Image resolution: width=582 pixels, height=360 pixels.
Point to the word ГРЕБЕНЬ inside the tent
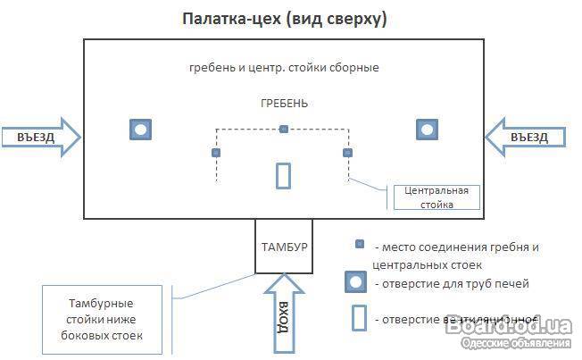pyautogui.click(x=283, y=104)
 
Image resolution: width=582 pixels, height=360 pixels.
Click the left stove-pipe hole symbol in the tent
pyautogui.click(x=140, y=130)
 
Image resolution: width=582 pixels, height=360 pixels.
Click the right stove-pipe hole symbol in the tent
pyautogui.click(x=428, y=130)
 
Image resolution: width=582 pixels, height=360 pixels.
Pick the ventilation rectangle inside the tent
pyautogui.click(x=283, y=175)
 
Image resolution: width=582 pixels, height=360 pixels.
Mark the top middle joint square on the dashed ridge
pyautogui.click(x=283, y=130)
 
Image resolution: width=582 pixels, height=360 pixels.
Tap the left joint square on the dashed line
pyautogui.click(x=216, y=153)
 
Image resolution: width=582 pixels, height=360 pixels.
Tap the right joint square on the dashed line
pyautogui.click(x=348, y=153)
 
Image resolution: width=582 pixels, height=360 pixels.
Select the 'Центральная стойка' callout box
pyautogui.click(x=436, y=197)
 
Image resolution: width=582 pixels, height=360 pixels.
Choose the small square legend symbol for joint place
pyautogui.click(x=359, y=244)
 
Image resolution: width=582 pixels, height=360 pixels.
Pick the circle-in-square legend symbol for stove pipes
pyautogui.click(x=357, y=283)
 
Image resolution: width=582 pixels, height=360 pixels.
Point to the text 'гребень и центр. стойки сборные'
pyautogui.click(x=284, y=68)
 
